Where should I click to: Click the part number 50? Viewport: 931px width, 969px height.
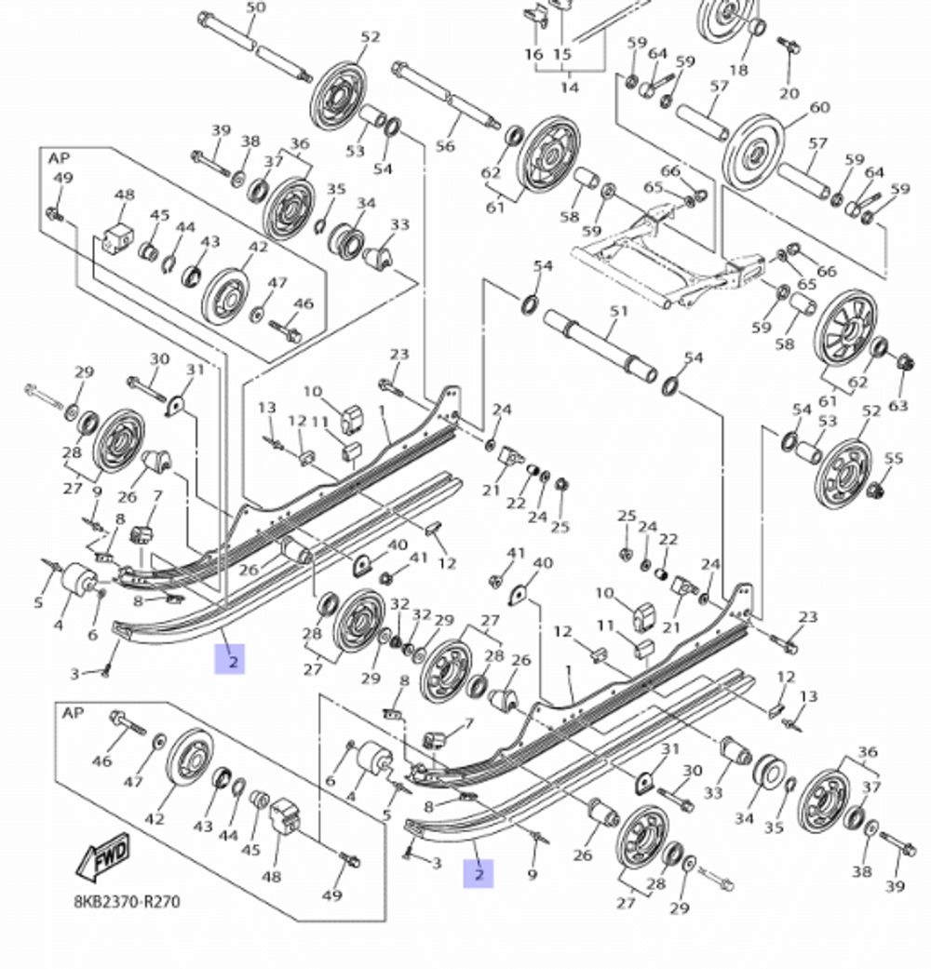[255, 8]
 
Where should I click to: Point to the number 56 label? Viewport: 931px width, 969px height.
[445, 146]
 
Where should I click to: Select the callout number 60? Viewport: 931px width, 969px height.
[819, 108]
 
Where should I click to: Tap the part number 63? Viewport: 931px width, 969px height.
[897, 405]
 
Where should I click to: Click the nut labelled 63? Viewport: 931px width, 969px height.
[901, 362]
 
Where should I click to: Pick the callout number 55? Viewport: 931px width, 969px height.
[894, 458]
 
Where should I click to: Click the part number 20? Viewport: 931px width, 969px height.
[789, 93]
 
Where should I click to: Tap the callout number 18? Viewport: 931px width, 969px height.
[738, 71]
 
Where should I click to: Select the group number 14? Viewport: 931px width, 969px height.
[570, 87]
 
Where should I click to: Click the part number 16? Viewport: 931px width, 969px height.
[533, 55]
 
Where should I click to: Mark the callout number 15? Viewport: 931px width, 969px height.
[562, 55]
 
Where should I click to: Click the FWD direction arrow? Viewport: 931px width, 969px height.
[101, 855]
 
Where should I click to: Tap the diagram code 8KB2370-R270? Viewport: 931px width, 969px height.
[128, 901]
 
